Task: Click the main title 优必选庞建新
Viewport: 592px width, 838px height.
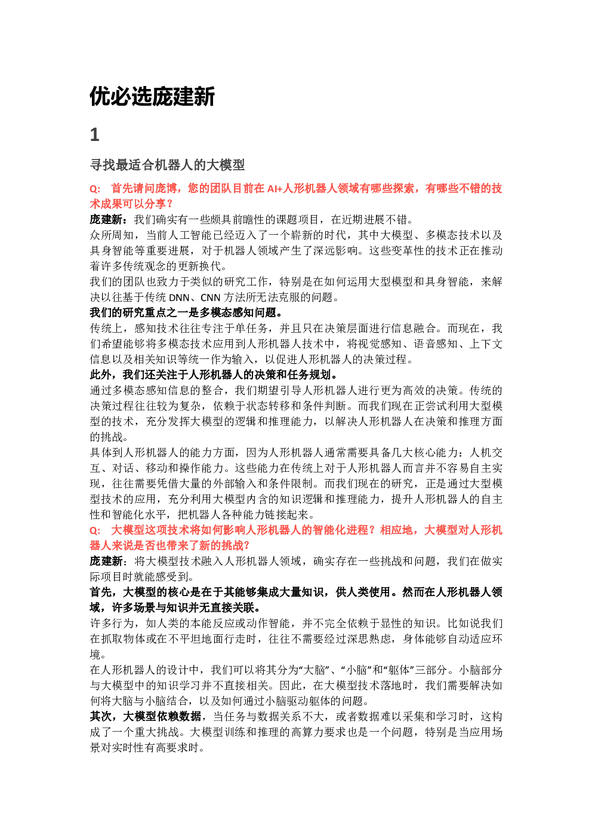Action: (153, 97)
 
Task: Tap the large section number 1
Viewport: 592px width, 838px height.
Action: (95, 134)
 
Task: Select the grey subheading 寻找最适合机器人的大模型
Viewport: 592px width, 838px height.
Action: (168, 165)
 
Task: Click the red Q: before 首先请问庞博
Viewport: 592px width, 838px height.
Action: (95, 189)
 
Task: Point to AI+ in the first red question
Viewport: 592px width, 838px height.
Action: (275, 189)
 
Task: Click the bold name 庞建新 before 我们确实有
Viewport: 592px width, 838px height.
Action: (106, 220)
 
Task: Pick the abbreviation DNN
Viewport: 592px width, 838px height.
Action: (180, 297)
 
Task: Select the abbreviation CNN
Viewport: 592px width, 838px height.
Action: (211, 297)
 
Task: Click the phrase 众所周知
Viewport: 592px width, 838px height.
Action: (112, 235)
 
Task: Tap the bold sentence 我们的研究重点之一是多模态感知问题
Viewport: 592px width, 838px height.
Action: (187, 313)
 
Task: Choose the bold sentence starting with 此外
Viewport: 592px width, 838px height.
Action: (214, 375)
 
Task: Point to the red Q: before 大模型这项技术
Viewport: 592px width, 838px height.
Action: (95, 531)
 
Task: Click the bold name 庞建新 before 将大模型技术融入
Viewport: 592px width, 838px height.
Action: (106, 561)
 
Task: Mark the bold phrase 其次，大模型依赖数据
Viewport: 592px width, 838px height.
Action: (146, 717)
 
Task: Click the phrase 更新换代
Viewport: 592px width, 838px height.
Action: (200, 266)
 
